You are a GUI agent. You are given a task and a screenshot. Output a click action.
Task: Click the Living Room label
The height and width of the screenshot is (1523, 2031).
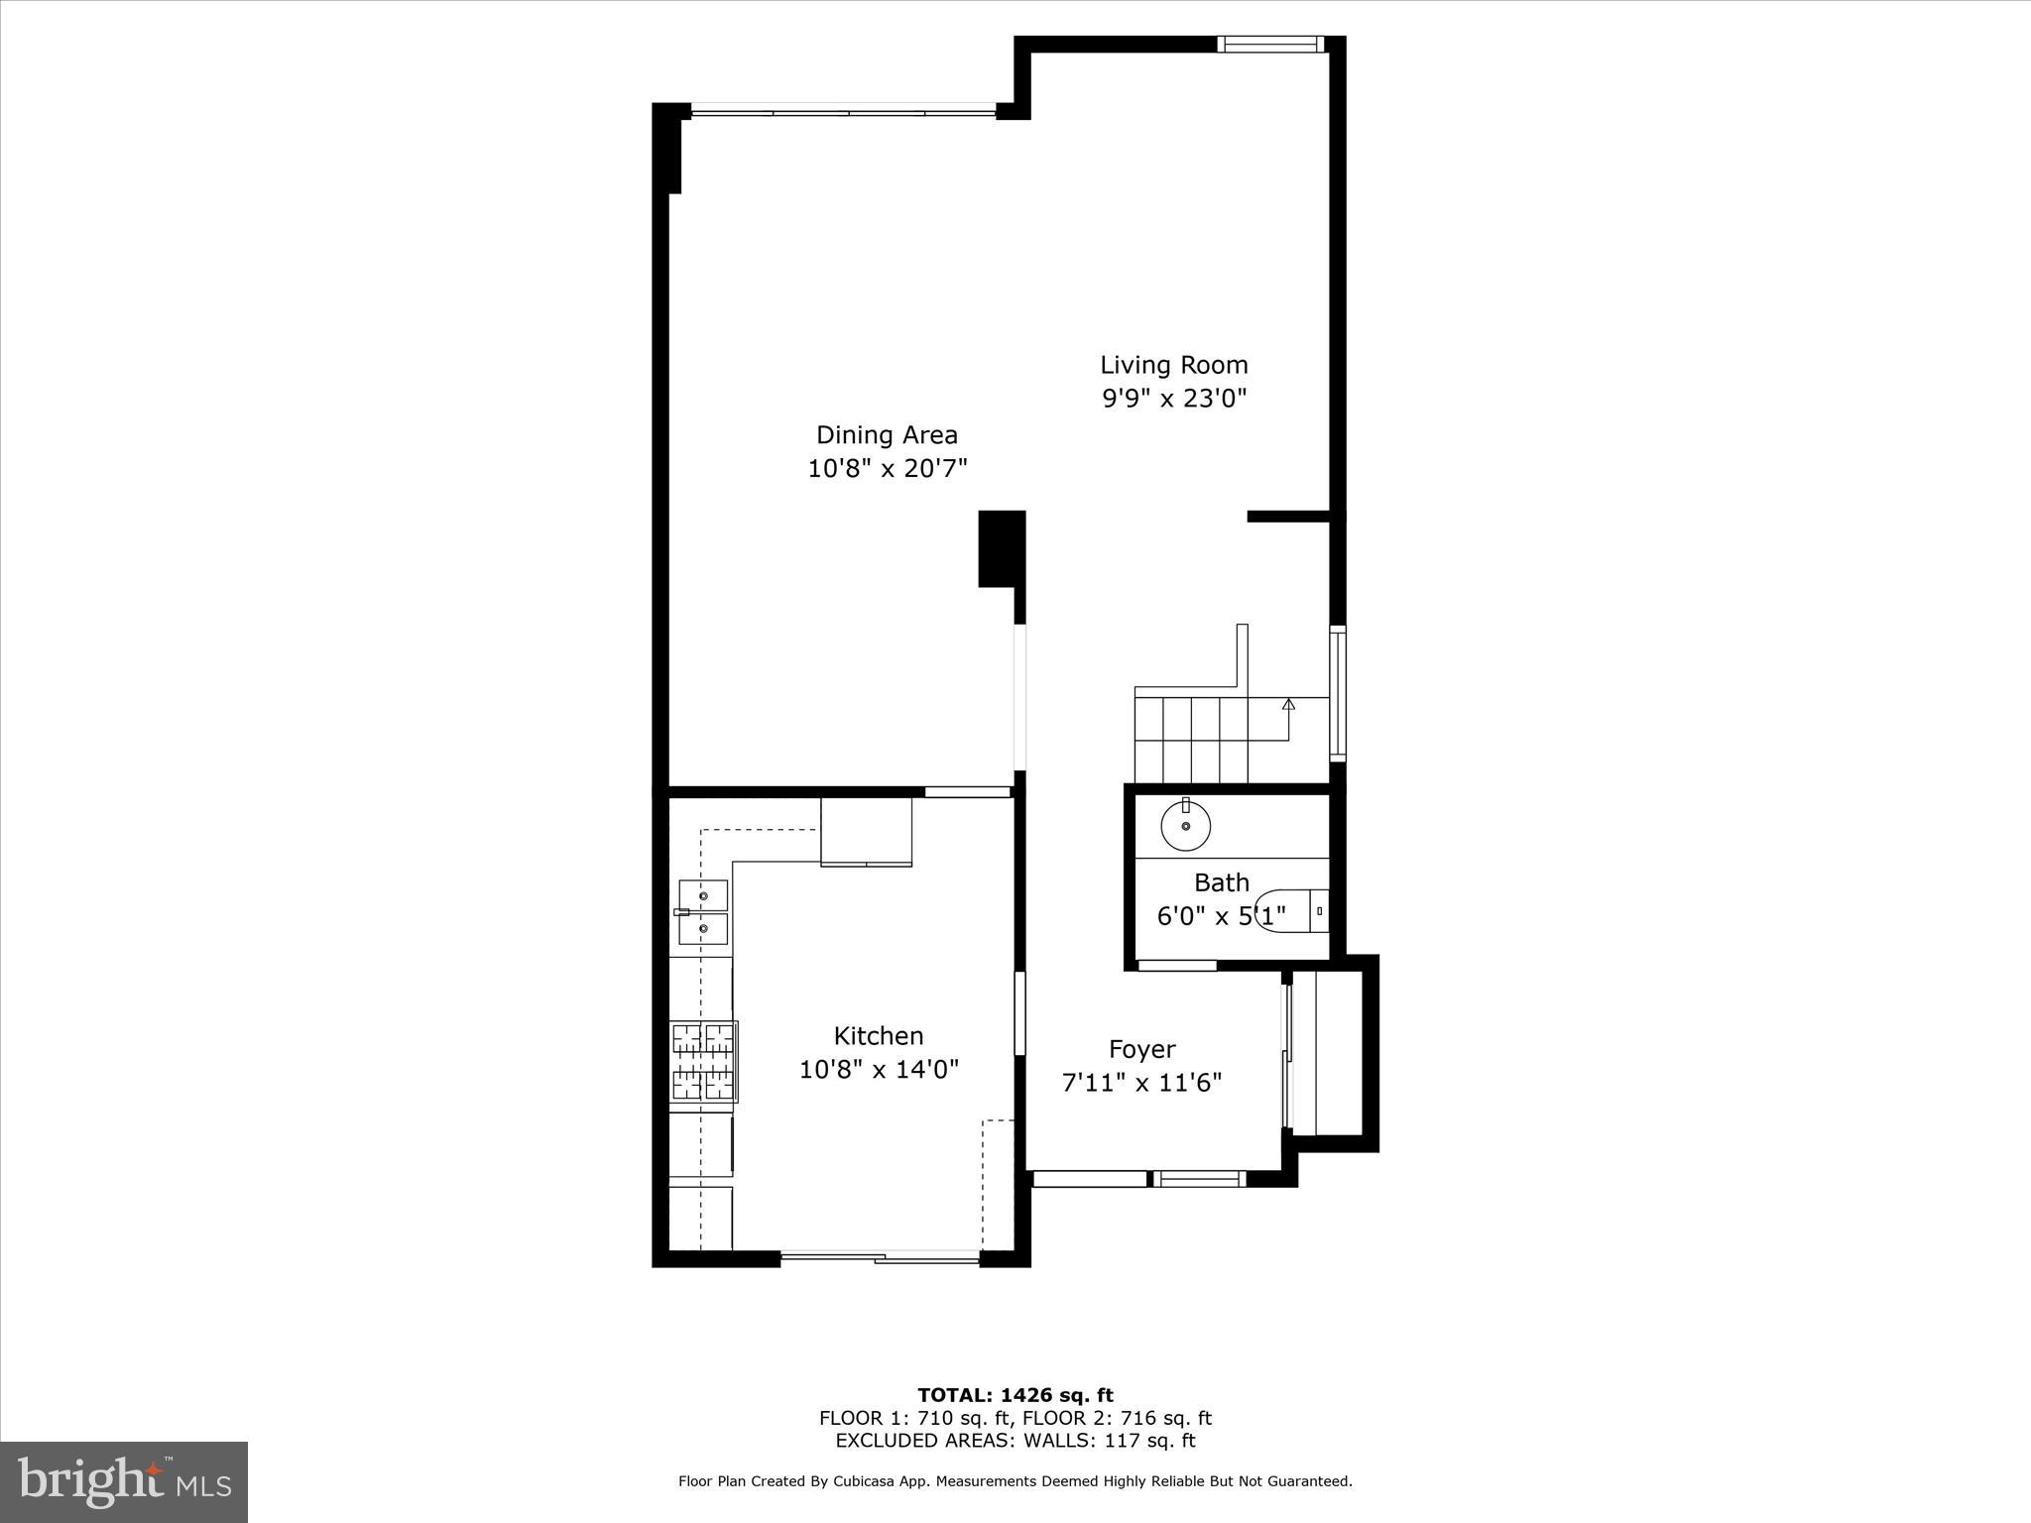point(1173,365)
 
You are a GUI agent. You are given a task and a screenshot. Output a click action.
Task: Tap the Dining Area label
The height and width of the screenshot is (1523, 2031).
point(887,434)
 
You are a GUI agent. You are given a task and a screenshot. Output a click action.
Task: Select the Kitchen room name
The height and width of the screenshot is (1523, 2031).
point(879,1036)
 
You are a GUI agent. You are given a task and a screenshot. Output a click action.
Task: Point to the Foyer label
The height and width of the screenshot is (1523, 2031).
point(1141,1049)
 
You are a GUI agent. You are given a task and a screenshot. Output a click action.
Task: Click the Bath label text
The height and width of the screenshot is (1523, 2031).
point(1221,882)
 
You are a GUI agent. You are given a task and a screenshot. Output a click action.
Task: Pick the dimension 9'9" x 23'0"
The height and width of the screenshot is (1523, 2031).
point(1174,399)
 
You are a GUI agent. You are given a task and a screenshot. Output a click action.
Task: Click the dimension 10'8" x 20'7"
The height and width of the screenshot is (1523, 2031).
point(887,468)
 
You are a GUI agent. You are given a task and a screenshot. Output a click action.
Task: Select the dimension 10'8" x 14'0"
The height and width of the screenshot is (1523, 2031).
point(879,1070)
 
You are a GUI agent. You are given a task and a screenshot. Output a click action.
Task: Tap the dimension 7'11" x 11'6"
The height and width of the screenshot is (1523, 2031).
point(1141,1083)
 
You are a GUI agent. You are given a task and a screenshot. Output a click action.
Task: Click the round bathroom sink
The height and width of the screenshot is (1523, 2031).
point(1186,825)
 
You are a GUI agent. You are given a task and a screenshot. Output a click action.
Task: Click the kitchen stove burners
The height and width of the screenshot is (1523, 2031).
point(703,1062)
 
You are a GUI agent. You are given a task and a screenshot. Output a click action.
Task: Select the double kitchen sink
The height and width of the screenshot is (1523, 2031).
point(703,912)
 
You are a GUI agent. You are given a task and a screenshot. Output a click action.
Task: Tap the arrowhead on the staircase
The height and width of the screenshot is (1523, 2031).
point(1288,704)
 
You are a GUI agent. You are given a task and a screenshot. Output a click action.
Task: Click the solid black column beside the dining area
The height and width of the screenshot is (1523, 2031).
point(1001,548)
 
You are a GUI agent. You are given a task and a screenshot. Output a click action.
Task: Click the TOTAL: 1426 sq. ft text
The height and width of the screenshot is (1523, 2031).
point(1015,1395)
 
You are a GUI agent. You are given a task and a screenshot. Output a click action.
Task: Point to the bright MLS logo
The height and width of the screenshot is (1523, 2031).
point(124,1481)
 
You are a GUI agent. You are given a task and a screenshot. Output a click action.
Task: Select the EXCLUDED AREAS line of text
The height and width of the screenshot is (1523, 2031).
point(1015,1441)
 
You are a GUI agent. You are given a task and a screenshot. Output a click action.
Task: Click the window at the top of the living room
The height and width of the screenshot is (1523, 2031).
point(1270,44)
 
